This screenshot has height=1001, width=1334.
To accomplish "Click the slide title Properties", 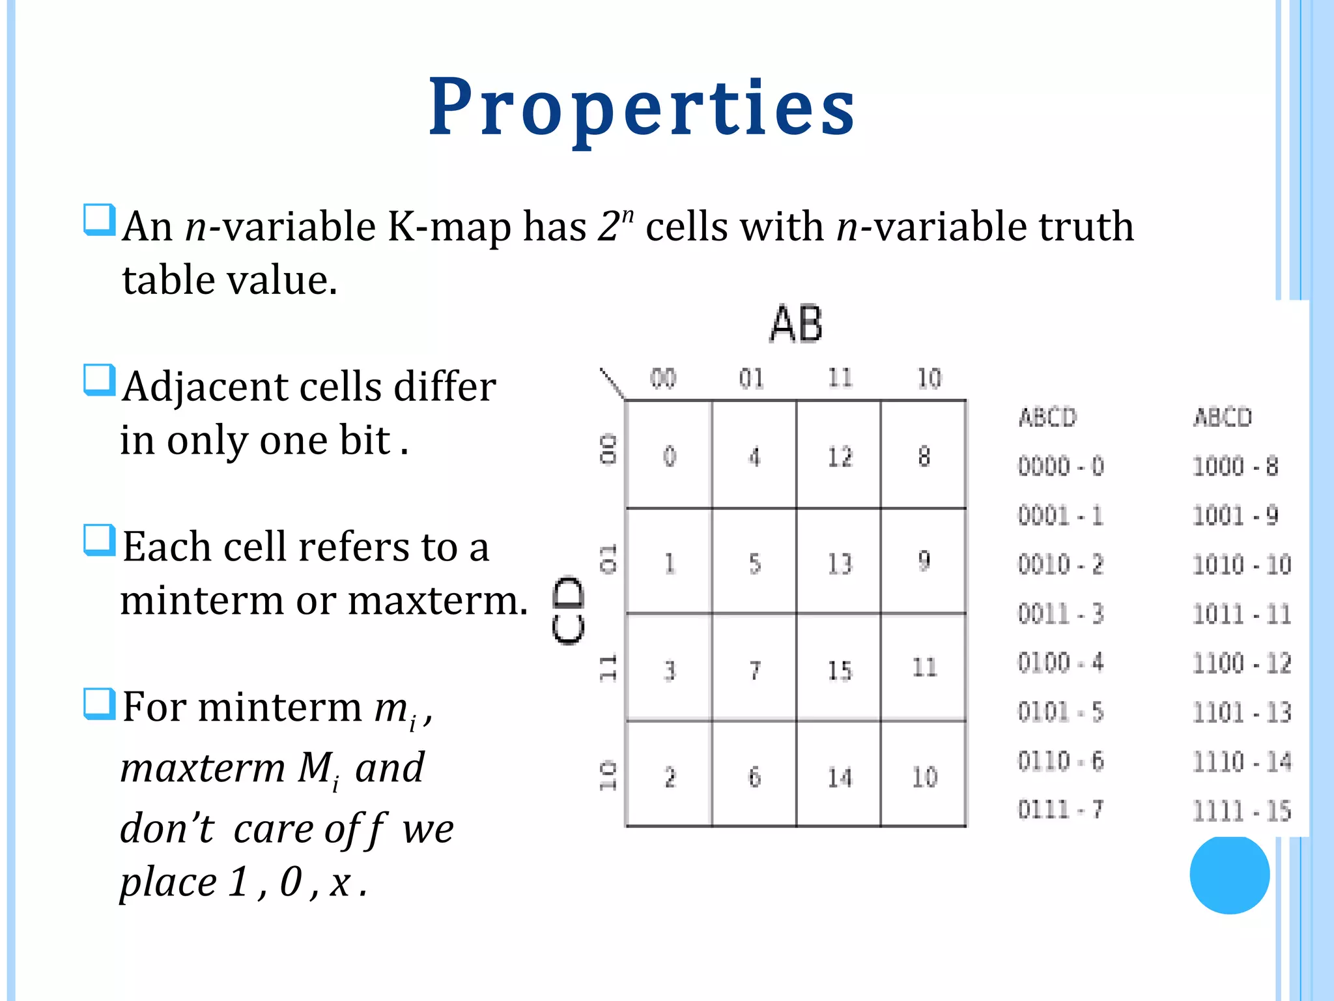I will tap(642, 108).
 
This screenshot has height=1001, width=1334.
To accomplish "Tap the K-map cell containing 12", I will tap(839, 456).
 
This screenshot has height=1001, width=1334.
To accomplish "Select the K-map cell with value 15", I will tap(839, 669).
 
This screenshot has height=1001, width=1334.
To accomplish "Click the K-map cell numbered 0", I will tap(669, 456).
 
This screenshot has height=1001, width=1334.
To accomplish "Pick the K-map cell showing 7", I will tap(754, 669).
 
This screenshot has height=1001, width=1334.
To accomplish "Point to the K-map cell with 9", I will tap(924, 561).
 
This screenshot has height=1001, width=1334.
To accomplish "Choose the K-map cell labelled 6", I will tap(754, 776).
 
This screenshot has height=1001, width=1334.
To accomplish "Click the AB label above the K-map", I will tap(796, 324).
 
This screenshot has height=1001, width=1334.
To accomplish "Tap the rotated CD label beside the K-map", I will tap(569, 610).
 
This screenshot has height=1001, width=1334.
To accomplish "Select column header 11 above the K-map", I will tap(840, 378).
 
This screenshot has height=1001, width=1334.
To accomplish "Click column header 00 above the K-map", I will tap(663, 378).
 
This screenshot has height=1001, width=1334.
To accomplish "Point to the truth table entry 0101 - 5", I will tap(1060, 712).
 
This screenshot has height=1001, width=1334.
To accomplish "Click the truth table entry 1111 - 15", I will tap(1241, 811).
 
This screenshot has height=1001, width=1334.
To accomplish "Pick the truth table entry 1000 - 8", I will tap(1235, 466).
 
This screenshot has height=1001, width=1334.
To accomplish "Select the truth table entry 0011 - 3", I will tap(1060, 613).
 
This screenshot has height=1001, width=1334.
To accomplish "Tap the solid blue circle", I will tap(1229, 875).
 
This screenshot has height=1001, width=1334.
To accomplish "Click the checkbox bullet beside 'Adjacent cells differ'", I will tap(99, 380).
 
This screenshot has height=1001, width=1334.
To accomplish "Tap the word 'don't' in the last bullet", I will tap(167, 829).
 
